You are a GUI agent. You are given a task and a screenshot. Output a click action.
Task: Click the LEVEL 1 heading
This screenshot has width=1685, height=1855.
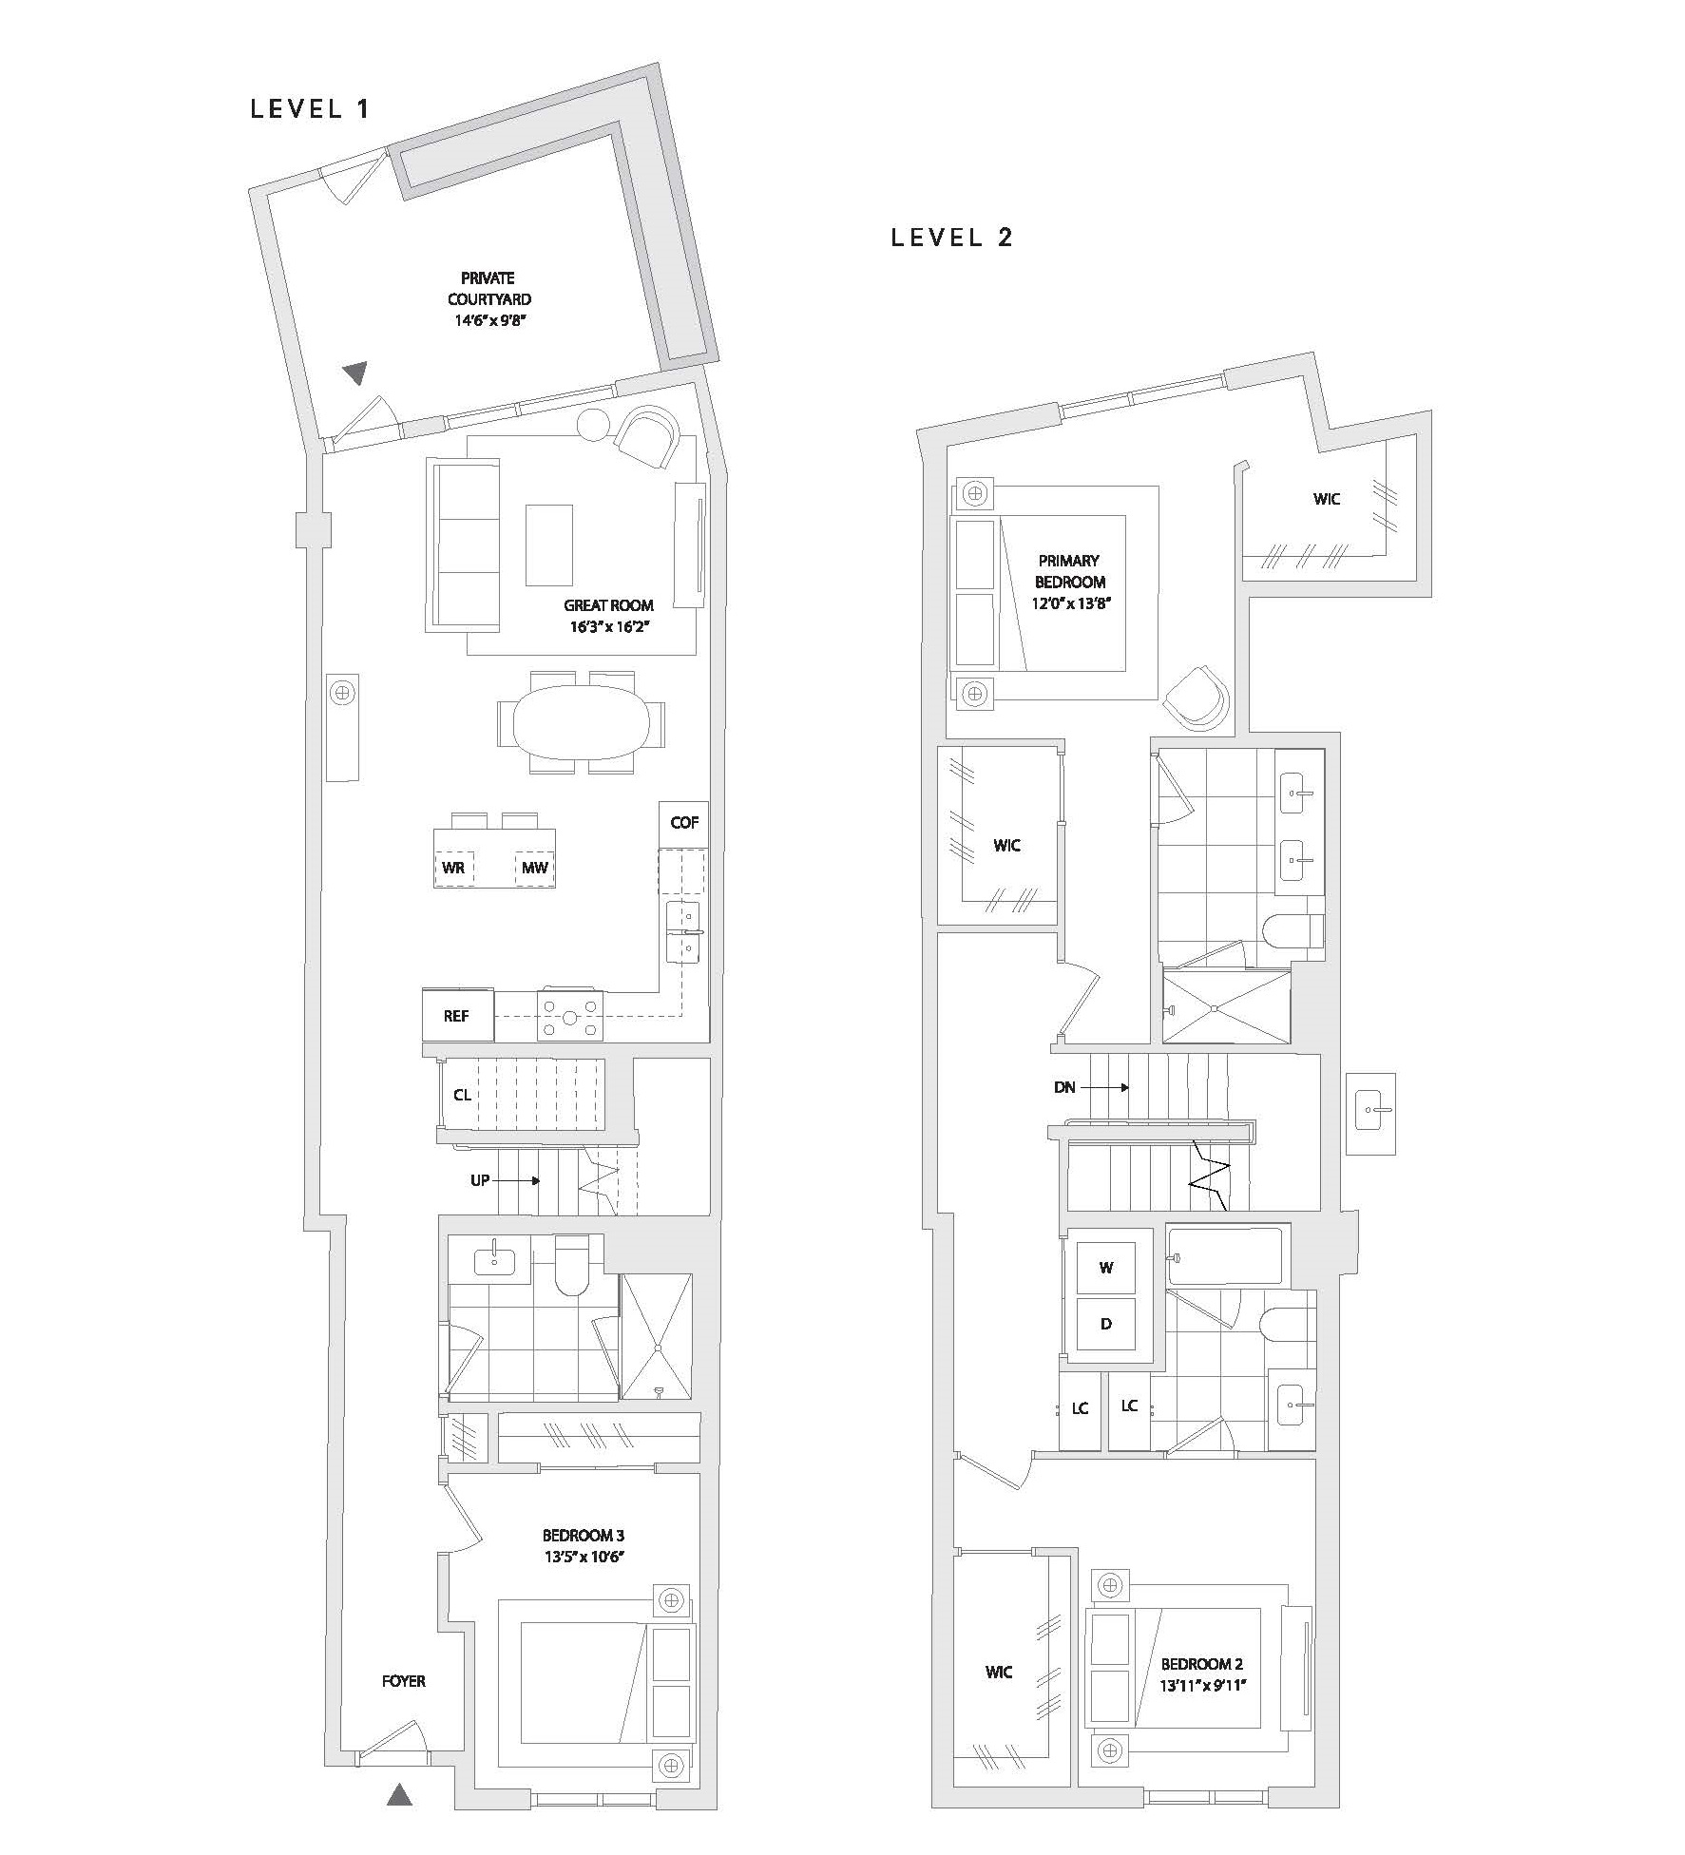(x=310, y=109)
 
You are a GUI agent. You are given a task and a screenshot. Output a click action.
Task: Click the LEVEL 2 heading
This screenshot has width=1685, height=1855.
(x=952, y=238)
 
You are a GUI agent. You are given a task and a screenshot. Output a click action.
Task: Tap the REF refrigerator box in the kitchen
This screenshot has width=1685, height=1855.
(x=458, y=1016)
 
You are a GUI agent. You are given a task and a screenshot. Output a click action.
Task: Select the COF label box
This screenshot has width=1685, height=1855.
(x=684, y=823)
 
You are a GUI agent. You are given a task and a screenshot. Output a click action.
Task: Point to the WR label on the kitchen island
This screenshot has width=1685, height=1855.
(x=453, y=868)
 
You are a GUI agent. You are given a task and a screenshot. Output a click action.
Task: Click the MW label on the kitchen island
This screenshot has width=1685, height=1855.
(x=535, y=868)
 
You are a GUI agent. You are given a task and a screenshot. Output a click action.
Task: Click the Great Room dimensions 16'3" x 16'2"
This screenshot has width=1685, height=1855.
(x=609, y=626)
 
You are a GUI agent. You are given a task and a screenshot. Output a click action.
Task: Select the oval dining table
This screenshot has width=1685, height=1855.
(x=582, y=722)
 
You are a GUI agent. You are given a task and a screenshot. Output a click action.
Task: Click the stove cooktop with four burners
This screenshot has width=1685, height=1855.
(x=569, y=1017)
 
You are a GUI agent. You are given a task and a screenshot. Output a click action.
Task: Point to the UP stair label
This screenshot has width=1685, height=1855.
(x=480, y=1180)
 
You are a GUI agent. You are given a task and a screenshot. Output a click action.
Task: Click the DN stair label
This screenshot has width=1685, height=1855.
(x=1064, y=1087)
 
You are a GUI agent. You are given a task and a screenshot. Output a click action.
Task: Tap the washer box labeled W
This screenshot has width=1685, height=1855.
(x=1106, y=1268)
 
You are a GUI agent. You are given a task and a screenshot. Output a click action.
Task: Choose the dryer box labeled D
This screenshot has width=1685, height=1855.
(x=1106, y=1324)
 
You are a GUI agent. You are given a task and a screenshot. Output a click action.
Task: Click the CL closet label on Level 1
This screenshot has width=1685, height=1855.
(x=462, y=1095)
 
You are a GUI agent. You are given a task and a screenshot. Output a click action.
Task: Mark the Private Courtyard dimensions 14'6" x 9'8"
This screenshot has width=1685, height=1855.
(x=489, y=320)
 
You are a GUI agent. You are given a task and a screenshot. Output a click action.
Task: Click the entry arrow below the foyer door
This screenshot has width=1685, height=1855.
(x=400, y=1793)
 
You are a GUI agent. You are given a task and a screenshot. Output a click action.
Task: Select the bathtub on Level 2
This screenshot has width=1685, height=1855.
(x=1224, y=1256)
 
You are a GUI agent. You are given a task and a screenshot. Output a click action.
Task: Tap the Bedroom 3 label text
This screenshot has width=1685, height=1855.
(x=584, y=1535)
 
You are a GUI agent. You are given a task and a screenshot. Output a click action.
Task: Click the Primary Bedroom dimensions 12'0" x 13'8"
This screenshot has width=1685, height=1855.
(x=1071, y=602)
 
